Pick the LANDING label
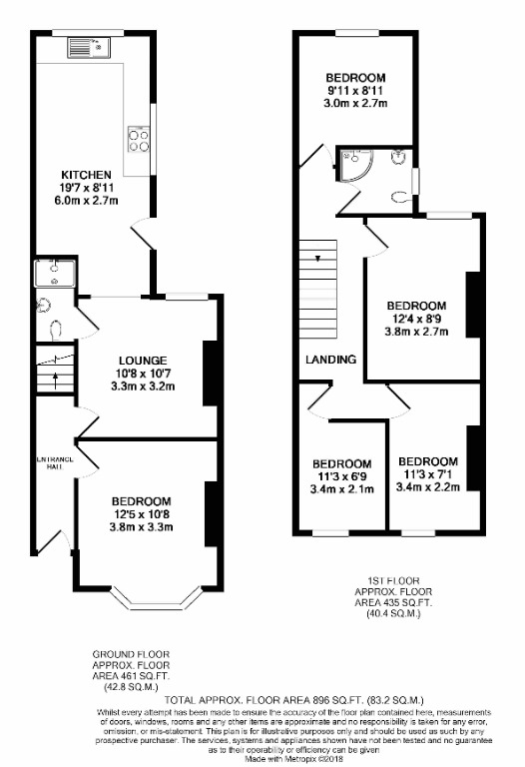(x=331, y=360)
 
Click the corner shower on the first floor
(x=351, y=164)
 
